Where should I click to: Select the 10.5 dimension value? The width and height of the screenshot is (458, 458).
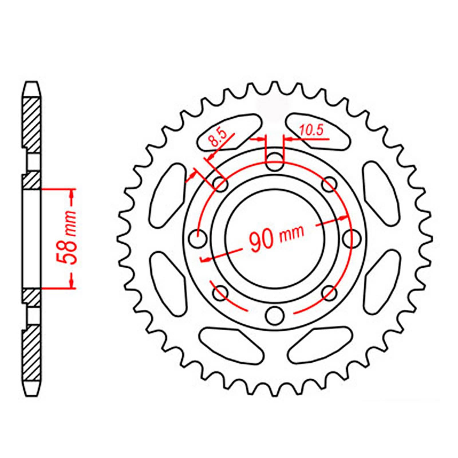coord(311,131)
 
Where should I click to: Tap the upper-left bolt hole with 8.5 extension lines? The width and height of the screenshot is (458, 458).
coord(220,183)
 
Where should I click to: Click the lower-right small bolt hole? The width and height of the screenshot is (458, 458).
coord(329,293)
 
